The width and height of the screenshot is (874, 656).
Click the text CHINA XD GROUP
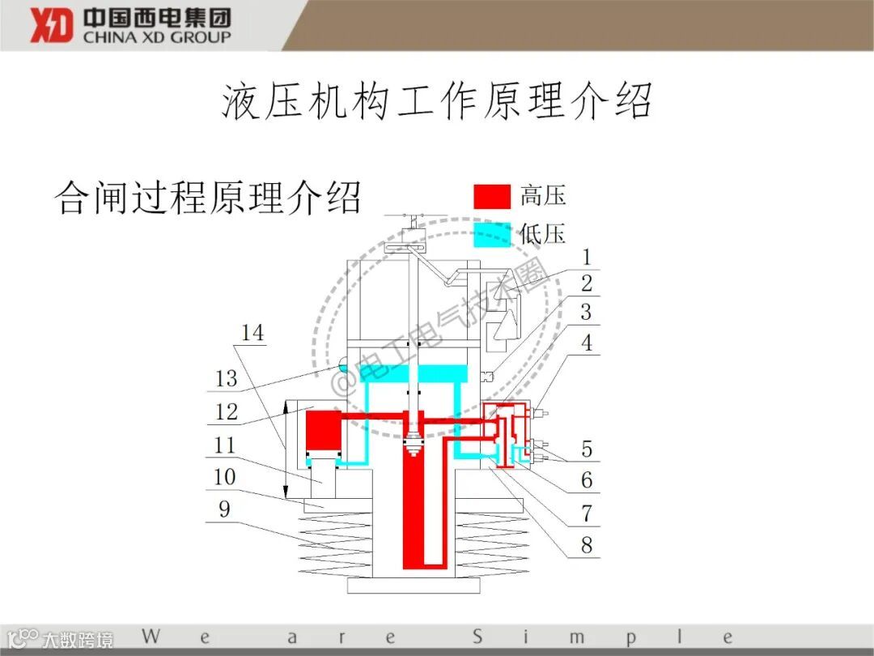coord(157,36)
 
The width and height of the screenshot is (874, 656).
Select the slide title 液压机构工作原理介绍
coord(437,101)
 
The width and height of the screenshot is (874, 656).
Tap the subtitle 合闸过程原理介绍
coord(207,197)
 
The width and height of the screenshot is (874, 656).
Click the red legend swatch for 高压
coord(492,196)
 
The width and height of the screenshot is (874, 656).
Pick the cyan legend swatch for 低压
coord(492,234)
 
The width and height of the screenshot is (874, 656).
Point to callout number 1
coord(587,258)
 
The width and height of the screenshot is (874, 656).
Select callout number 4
coord(587,343)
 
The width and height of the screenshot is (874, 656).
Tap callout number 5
coord(587,448)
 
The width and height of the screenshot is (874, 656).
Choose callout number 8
coord(587,544)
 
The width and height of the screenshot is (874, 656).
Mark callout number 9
coord(224,509)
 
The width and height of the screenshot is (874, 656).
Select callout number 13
coord(227,378)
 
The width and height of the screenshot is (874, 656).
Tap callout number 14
coord(252,333)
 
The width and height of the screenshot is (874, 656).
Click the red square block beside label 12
coord(323,429)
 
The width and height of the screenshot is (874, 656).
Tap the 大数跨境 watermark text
coord(78,639)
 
